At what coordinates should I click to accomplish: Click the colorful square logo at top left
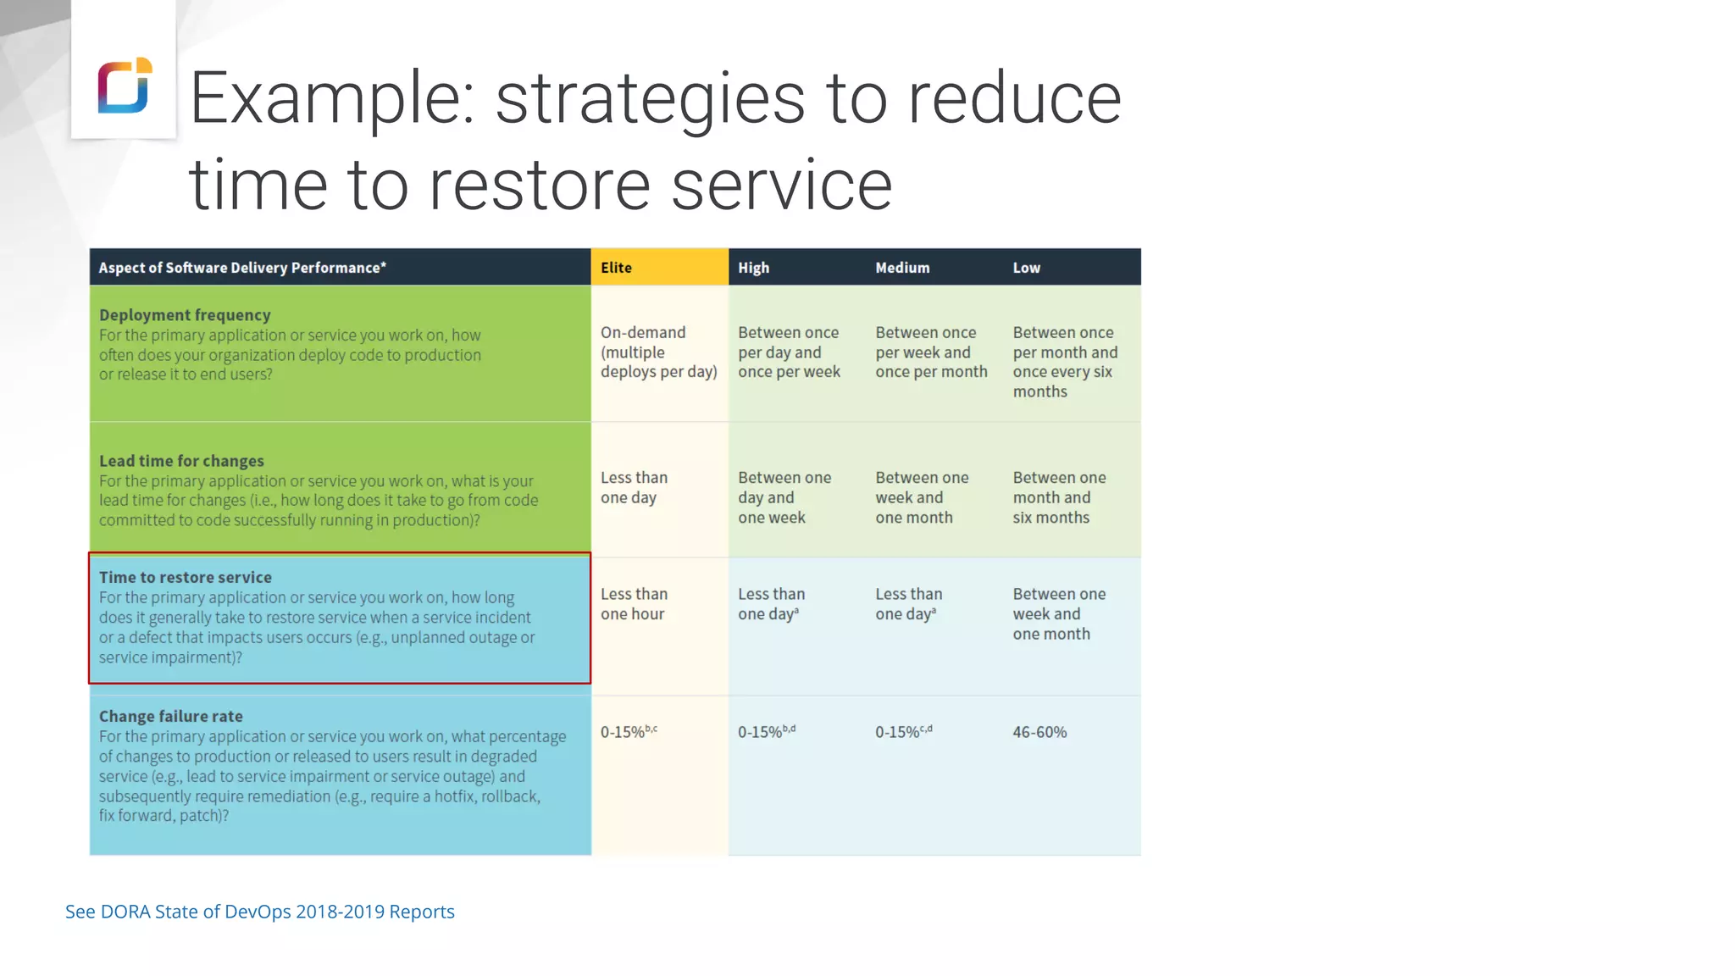125,86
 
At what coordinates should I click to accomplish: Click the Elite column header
616,268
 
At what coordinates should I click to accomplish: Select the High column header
753,268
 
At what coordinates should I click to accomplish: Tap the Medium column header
902,268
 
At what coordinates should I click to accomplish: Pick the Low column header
1026,268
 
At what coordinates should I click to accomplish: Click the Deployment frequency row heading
185,315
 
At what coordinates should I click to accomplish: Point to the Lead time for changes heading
181,461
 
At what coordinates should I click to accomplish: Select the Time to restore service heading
186,577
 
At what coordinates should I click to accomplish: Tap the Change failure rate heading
171,716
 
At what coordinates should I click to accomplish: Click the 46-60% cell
1039,732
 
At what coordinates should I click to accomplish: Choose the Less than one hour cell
634,604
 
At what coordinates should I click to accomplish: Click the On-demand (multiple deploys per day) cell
658,352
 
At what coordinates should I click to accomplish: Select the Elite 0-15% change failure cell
628,732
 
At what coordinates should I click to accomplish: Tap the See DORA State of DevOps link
259,912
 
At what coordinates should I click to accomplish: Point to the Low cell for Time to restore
1059,614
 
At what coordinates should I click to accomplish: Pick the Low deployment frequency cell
1064,362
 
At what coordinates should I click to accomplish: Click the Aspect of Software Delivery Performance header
242,268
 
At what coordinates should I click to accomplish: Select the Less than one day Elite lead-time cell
634,488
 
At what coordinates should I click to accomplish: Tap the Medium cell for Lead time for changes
921,497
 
